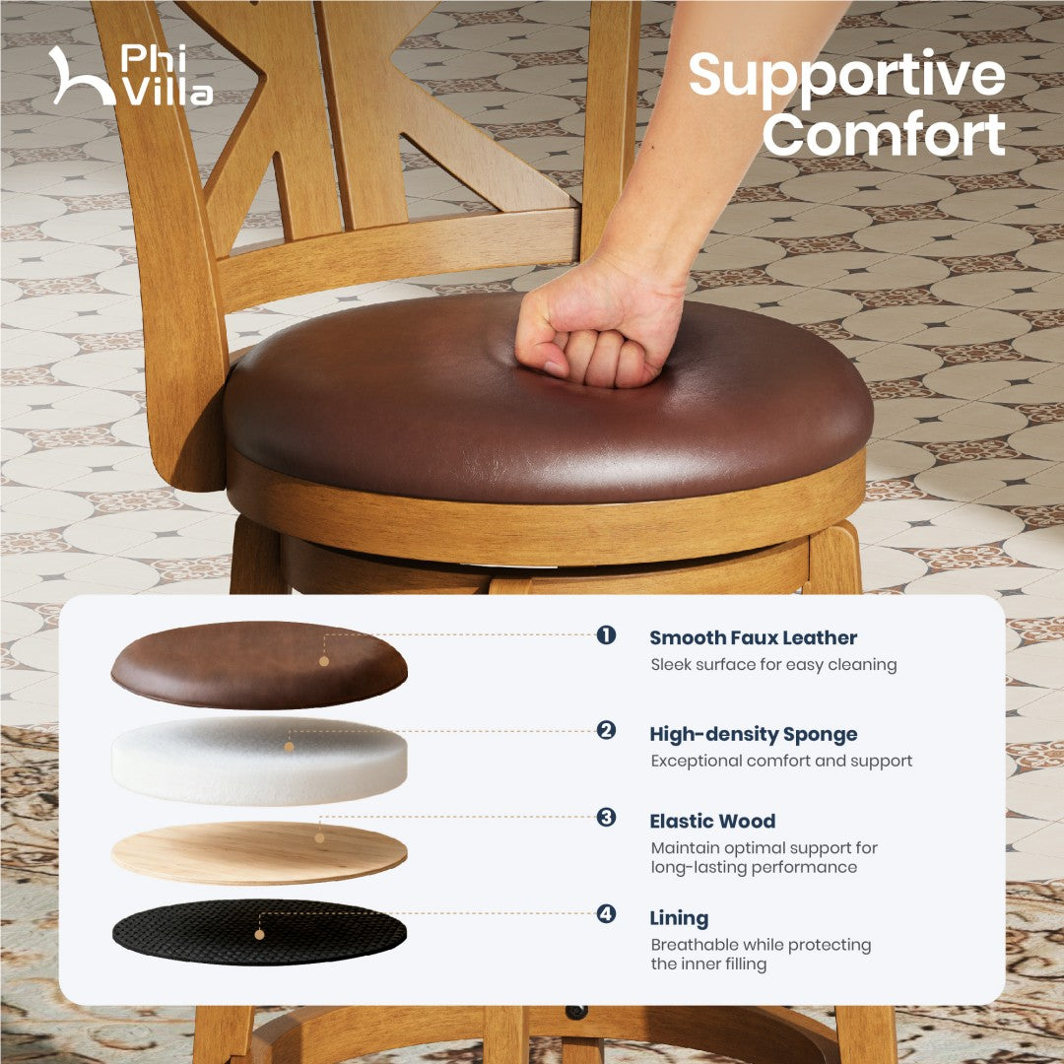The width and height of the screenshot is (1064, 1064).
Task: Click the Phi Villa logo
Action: pos(131,75)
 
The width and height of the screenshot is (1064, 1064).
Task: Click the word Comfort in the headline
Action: pos(884,134)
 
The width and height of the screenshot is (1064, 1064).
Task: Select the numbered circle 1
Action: pos(606,635)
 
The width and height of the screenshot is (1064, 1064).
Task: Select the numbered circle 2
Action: pos(606,731)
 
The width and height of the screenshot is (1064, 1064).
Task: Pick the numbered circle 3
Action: pos(606,817)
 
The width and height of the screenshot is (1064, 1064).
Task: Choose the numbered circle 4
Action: pos(606,914)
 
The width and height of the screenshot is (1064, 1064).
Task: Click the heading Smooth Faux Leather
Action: pos(754,637)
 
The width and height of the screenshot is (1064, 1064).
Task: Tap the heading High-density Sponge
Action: pos(754,734)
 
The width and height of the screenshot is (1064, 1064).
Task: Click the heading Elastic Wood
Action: pos(712,821)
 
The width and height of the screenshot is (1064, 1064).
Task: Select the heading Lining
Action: pos(679,918)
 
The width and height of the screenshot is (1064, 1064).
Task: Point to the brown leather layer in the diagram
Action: pos(259,666)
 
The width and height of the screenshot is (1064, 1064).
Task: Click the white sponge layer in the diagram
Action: pos(259,762)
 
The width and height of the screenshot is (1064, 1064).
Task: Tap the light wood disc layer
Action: pos(259,853)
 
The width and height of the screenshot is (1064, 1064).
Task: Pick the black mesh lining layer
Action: pos(259,933)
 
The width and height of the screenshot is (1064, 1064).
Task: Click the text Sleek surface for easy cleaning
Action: pos(773,665)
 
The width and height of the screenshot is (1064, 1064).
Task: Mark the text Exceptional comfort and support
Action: pos(781,762)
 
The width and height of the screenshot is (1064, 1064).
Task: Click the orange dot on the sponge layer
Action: pos(289,747)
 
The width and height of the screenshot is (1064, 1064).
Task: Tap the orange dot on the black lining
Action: pos(259,934)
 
